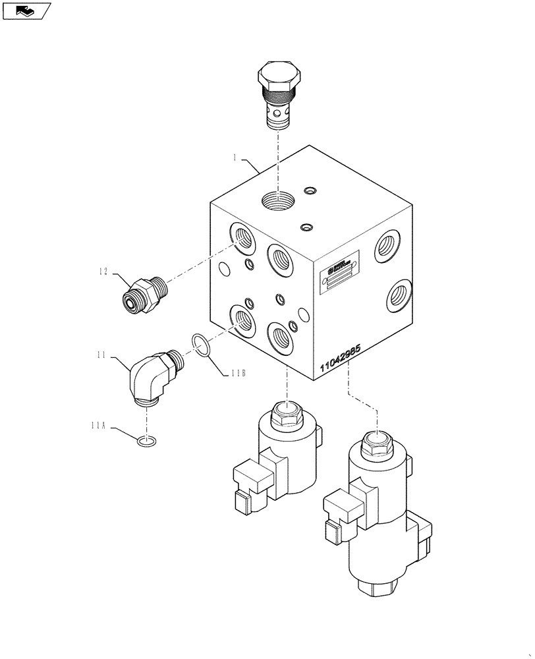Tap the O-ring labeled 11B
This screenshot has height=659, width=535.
tap(202, 343)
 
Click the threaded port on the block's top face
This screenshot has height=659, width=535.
tap(277, 198)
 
